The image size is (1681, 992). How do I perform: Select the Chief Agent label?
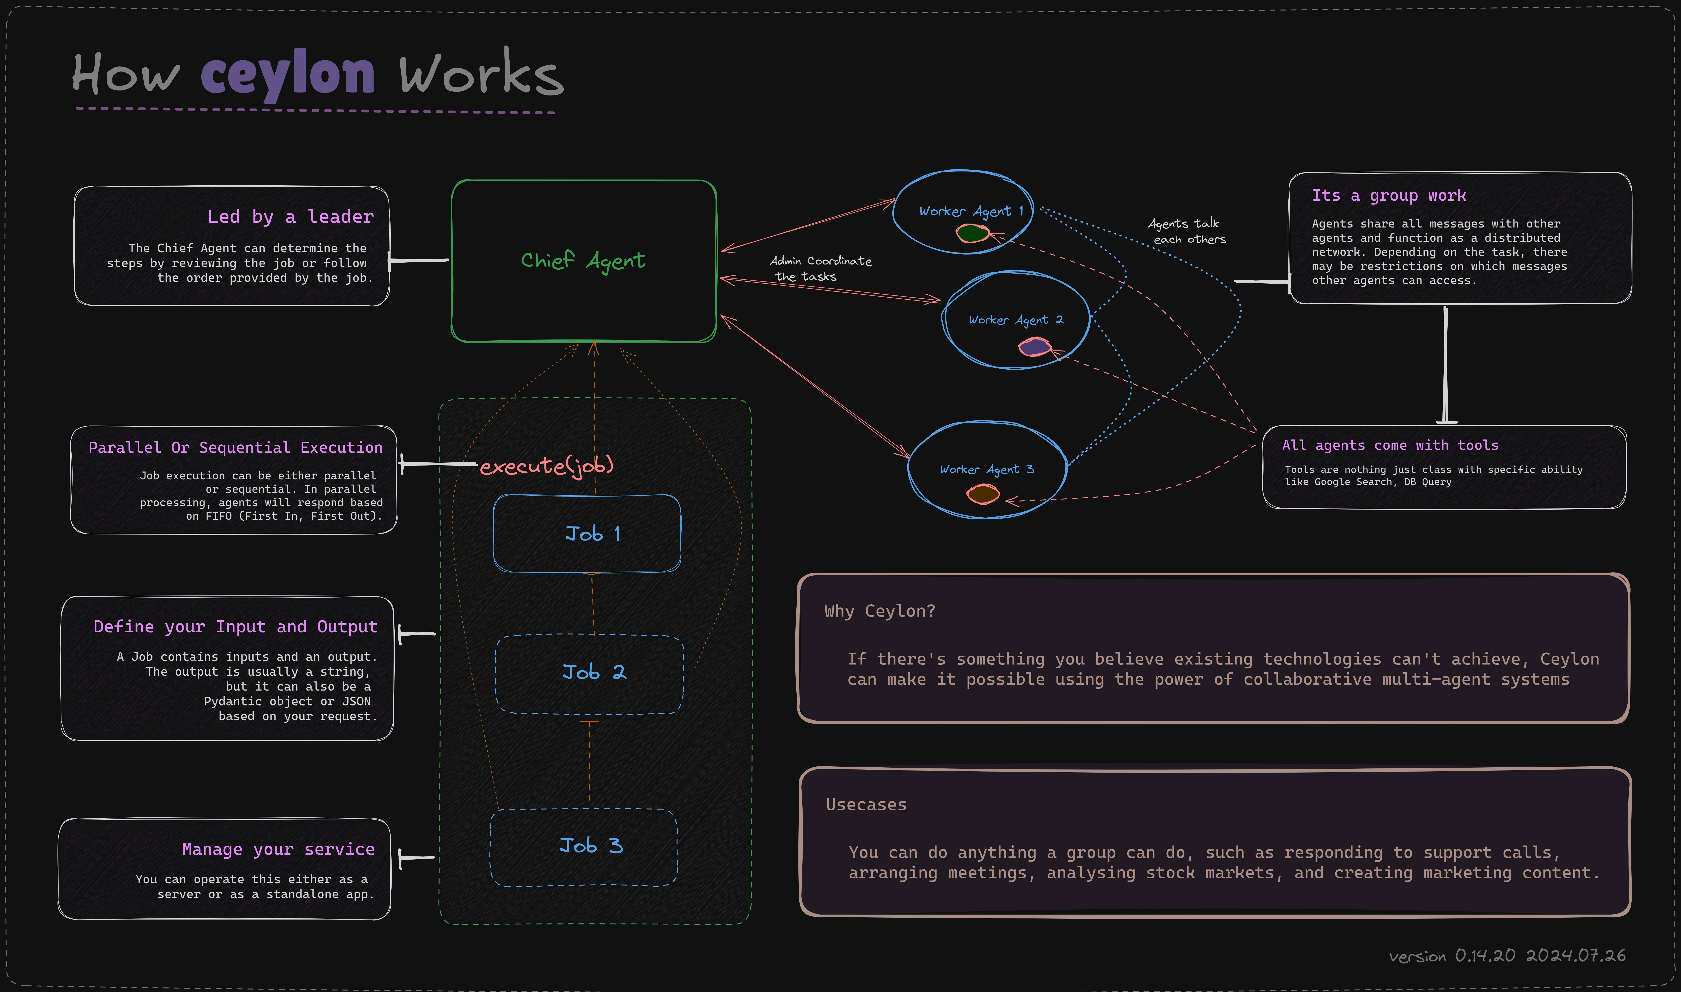click(x=583, y=261)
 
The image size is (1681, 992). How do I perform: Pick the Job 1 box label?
click(x=593, y=534)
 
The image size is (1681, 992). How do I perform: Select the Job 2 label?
click(x=594, y=672)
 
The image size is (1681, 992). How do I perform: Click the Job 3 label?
click(x=591, y=846)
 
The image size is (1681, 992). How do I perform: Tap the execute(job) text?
click(x=546, y=466)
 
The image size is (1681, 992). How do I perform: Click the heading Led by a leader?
click(x=290, y=217)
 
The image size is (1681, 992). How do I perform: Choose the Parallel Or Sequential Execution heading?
click(x=235, y=447)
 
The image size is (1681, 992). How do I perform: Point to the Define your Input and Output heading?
click(x=235, y=626)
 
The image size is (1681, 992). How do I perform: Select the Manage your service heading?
click(x=278, y=849)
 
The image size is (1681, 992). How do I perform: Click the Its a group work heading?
click(x=1389, y=195)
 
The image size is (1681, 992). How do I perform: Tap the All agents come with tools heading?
click(x=1390, y=445)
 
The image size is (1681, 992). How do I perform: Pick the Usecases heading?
click(x=866, y=804)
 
